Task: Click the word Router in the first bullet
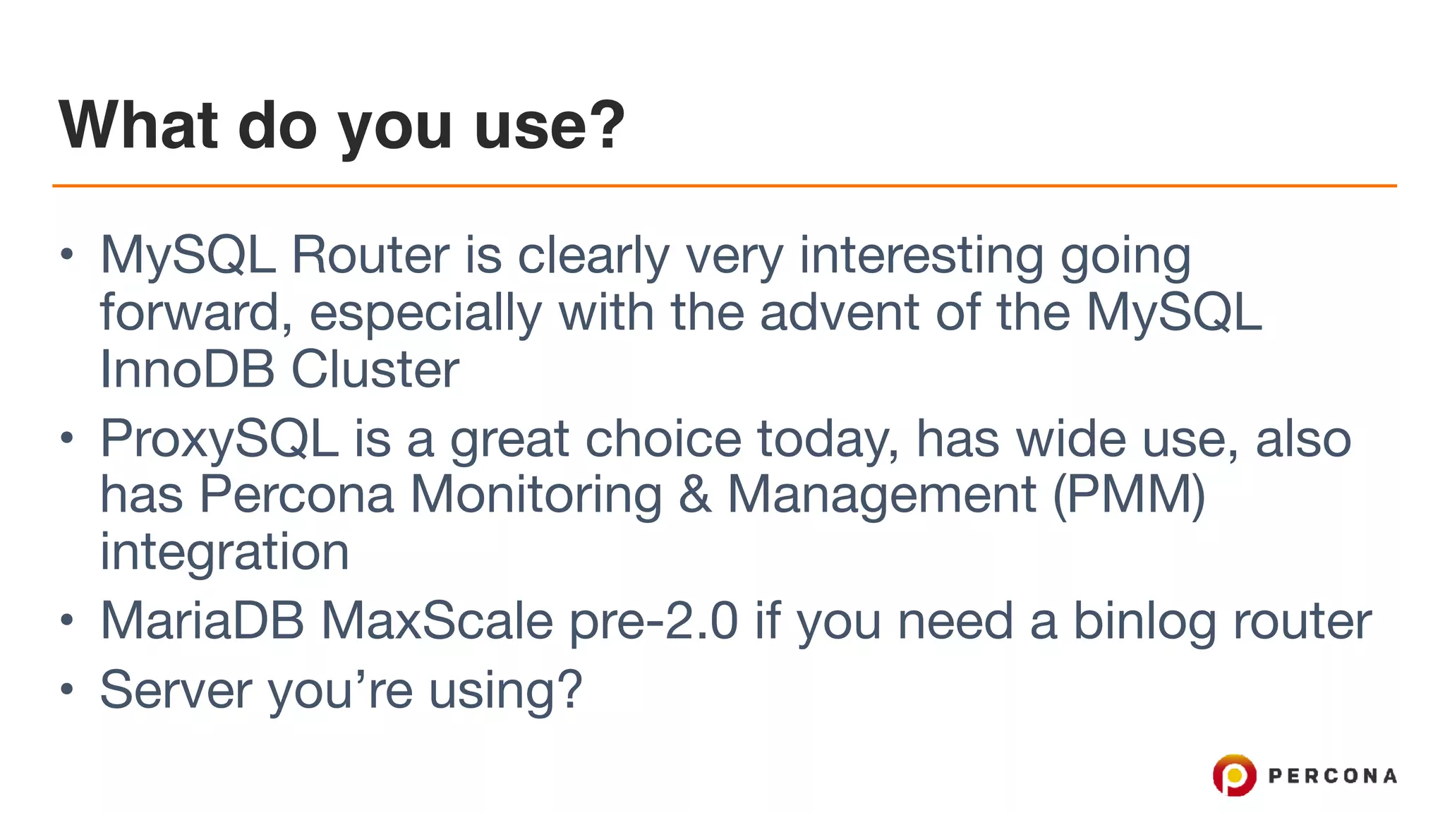click(370, 255)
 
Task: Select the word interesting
click(921, 255)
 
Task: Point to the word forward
click(189, 312)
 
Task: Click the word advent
click(839, 312)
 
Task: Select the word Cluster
click(375, 369)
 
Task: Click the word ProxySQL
click(219, 439)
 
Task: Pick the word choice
click(663, 439)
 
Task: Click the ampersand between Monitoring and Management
click(695, 494)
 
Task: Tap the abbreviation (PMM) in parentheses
click(1129, 494)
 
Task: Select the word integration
click(224, 552)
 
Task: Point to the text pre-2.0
click(653, 621)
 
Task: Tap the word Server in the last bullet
click(176, 689)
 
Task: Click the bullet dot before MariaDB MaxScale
click(66, 621)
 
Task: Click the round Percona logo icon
click(1234, 775)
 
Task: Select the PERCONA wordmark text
click(1332, 776)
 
